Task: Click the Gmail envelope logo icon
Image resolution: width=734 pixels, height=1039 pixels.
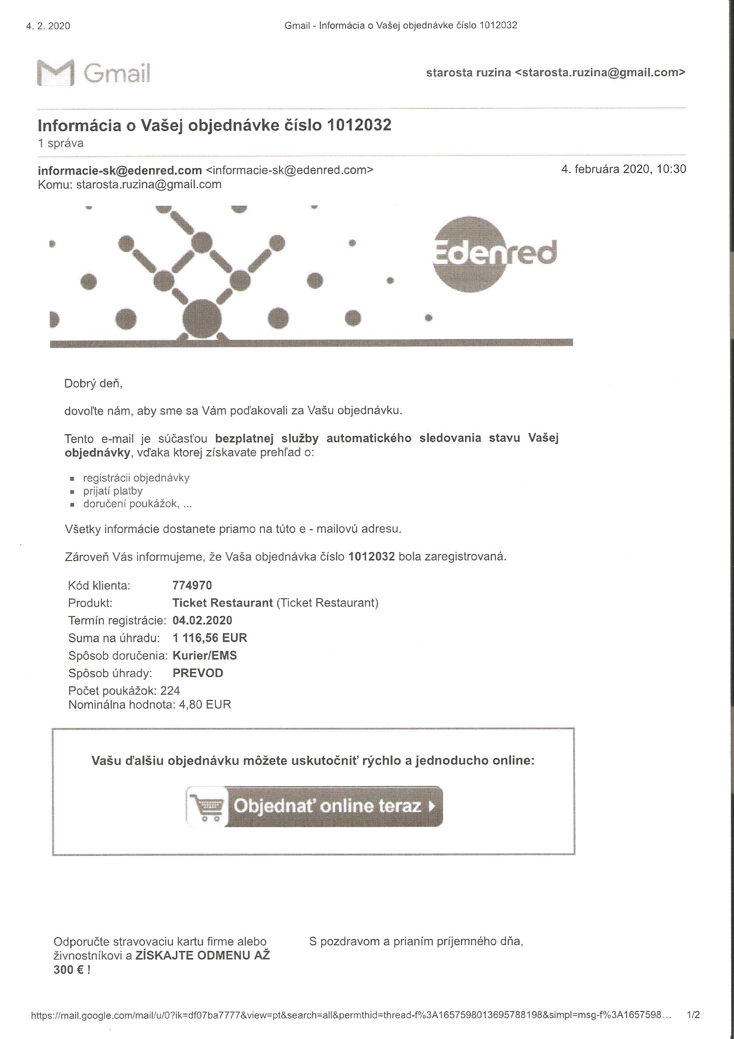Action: pos(55,72)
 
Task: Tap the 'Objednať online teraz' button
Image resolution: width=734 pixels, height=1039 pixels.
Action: pos(314,806)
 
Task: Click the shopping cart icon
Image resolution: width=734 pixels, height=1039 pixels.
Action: pos(206,807)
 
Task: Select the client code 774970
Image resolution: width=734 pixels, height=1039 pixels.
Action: pos(192,585)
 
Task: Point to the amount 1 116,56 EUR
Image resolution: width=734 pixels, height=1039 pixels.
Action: pos(210,638)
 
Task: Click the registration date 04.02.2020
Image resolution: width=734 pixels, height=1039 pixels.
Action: pos(202,620)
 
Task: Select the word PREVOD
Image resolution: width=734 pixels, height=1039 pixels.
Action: pos(198,673)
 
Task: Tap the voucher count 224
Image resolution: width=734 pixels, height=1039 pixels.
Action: pos(170,691)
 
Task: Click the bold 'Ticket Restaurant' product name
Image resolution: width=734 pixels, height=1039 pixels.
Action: pos(223,603)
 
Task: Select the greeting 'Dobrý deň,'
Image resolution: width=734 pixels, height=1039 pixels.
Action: pos(94,384)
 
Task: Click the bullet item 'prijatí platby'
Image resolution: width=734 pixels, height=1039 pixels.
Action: pos(113,491)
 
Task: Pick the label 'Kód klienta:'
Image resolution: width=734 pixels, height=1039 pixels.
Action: pos(99,586)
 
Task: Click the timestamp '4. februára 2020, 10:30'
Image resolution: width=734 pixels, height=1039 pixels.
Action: pos(623,169)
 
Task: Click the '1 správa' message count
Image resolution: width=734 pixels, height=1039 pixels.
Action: pos(60,144)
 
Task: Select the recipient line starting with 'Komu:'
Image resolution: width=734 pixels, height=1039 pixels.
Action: pos(130,184)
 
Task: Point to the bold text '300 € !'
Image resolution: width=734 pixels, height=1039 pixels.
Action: pos(72,970)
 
